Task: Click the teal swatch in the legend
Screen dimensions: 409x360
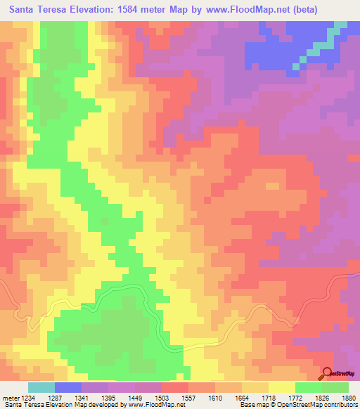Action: pyautogui.click(x=41, y=387)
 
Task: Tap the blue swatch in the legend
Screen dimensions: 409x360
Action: pyautogui.click(x=68, y=387)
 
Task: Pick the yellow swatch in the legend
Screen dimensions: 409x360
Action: pyautogui.click(x=282, y=387)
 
